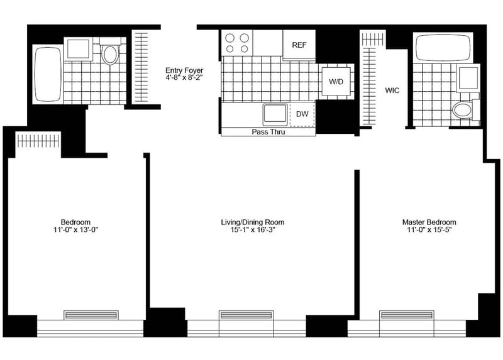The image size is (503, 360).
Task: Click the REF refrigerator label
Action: point(299,45)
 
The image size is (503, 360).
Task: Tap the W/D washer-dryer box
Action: point(336,82)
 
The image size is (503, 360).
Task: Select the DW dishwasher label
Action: point(302,114)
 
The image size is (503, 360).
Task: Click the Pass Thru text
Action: point(268,132)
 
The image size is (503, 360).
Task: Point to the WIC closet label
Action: point(392,90)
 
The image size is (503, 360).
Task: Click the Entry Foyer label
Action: point(184,70)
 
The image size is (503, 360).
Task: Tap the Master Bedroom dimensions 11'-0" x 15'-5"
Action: point(429,229)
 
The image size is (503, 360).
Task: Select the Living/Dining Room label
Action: point(253,222)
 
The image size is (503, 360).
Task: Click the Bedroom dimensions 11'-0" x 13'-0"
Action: point(75,229)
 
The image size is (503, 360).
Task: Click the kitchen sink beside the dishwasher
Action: point(275,114)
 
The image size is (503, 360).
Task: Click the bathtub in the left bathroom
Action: point(48,74)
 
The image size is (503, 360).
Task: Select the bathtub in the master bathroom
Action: point(443,47)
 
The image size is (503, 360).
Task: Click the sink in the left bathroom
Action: point(78,49)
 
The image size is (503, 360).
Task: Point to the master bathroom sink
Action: point(468,78)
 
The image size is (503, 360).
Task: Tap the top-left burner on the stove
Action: point(229,38)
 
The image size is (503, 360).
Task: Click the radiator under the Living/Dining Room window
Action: point(246,315)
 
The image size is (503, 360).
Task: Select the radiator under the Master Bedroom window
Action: point(407,315)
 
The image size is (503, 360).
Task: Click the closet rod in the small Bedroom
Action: point(38,141)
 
